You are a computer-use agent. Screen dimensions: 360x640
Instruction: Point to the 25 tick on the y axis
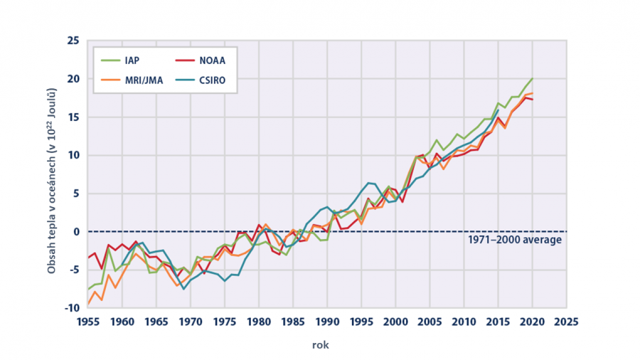point(73,41)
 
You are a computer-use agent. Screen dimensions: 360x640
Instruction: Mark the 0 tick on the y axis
point(75,232)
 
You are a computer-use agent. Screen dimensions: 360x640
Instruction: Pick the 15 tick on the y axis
point(73,117)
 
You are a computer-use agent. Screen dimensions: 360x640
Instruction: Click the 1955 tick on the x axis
point(88,321)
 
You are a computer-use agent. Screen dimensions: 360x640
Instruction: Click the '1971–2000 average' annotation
point(515,240)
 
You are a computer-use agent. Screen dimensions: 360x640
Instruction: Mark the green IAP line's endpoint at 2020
point(532,78)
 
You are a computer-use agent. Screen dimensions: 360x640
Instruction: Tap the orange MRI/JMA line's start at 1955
point(88,304)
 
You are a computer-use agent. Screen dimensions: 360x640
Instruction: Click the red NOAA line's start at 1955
point(88,258)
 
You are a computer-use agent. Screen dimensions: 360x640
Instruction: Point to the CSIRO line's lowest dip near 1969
point(183,289)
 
